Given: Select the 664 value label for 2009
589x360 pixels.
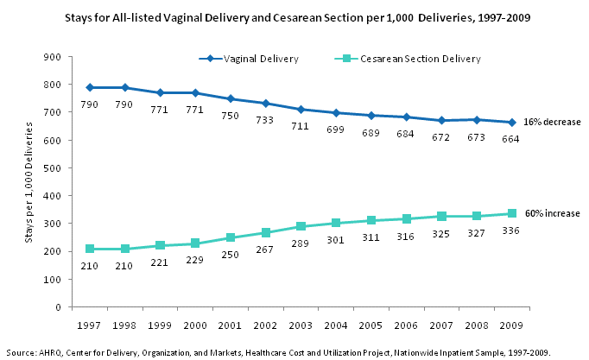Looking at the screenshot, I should [512, 140].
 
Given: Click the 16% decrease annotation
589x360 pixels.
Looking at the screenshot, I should [552, 123].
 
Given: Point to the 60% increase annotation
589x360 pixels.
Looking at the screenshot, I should [552, 213].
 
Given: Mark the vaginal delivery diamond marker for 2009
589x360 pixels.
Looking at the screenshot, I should [512, 123].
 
